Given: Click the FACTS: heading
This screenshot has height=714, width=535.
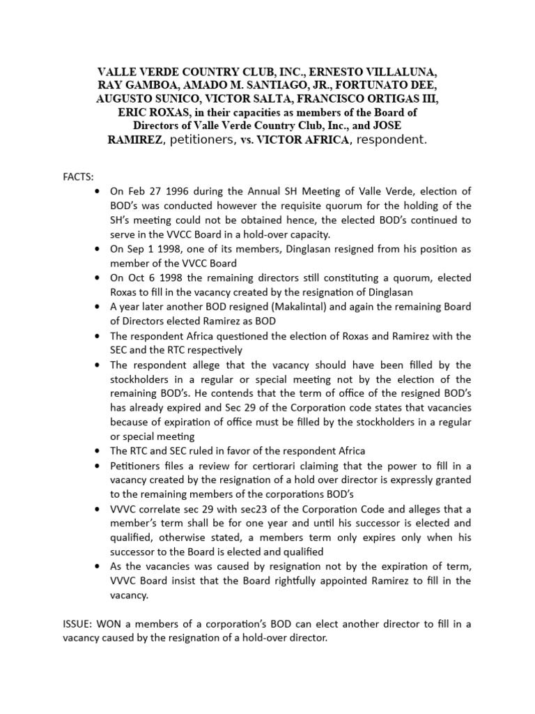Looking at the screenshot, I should click(79, 178).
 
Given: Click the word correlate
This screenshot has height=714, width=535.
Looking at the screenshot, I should click(162, 522).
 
